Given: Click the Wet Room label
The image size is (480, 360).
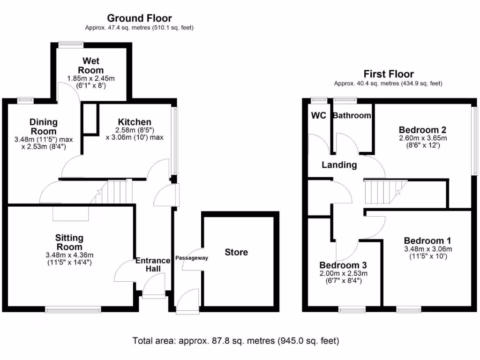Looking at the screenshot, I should (91, 66).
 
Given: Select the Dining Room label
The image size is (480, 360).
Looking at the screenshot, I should (44, 126).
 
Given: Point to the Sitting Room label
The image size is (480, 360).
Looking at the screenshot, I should (69, 242).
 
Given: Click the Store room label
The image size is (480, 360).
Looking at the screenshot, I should (236, 252).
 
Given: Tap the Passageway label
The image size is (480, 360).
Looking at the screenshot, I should (191, 258).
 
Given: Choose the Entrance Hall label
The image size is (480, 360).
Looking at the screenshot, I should (153, 265).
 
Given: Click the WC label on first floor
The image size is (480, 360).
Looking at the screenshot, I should (318, 116).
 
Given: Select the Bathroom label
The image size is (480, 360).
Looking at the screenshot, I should (352, 116).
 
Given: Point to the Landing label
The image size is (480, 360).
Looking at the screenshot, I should (339, 165).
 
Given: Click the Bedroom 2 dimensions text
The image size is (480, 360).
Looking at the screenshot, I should (422, 142).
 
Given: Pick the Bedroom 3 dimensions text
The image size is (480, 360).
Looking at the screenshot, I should (343, 277).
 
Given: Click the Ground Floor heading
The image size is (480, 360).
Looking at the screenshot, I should (139, 18).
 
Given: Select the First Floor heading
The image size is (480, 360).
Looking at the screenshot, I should (389, 74).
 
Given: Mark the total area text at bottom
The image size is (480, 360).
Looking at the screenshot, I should (236, 341).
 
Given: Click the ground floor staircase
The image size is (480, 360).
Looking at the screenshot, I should (115, 192).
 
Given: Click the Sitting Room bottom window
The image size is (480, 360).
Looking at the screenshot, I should (73, 309).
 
